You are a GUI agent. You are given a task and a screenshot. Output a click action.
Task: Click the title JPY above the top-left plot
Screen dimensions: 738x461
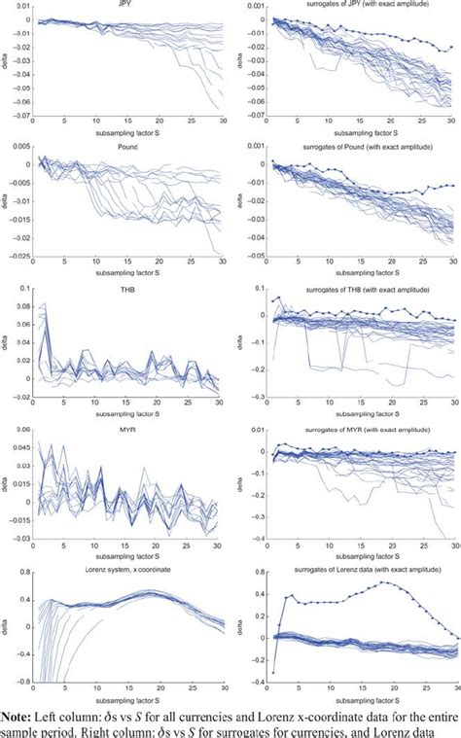point(126,5)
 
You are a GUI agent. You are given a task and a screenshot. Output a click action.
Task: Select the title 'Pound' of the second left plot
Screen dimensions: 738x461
point(126,145)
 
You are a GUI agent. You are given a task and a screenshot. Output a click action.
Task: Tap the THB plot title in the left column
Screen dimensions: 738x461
point(126,287)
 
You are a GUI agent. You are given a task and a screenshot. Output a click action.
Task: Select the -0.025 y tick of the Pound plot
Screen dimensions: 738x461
point(17,257)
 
